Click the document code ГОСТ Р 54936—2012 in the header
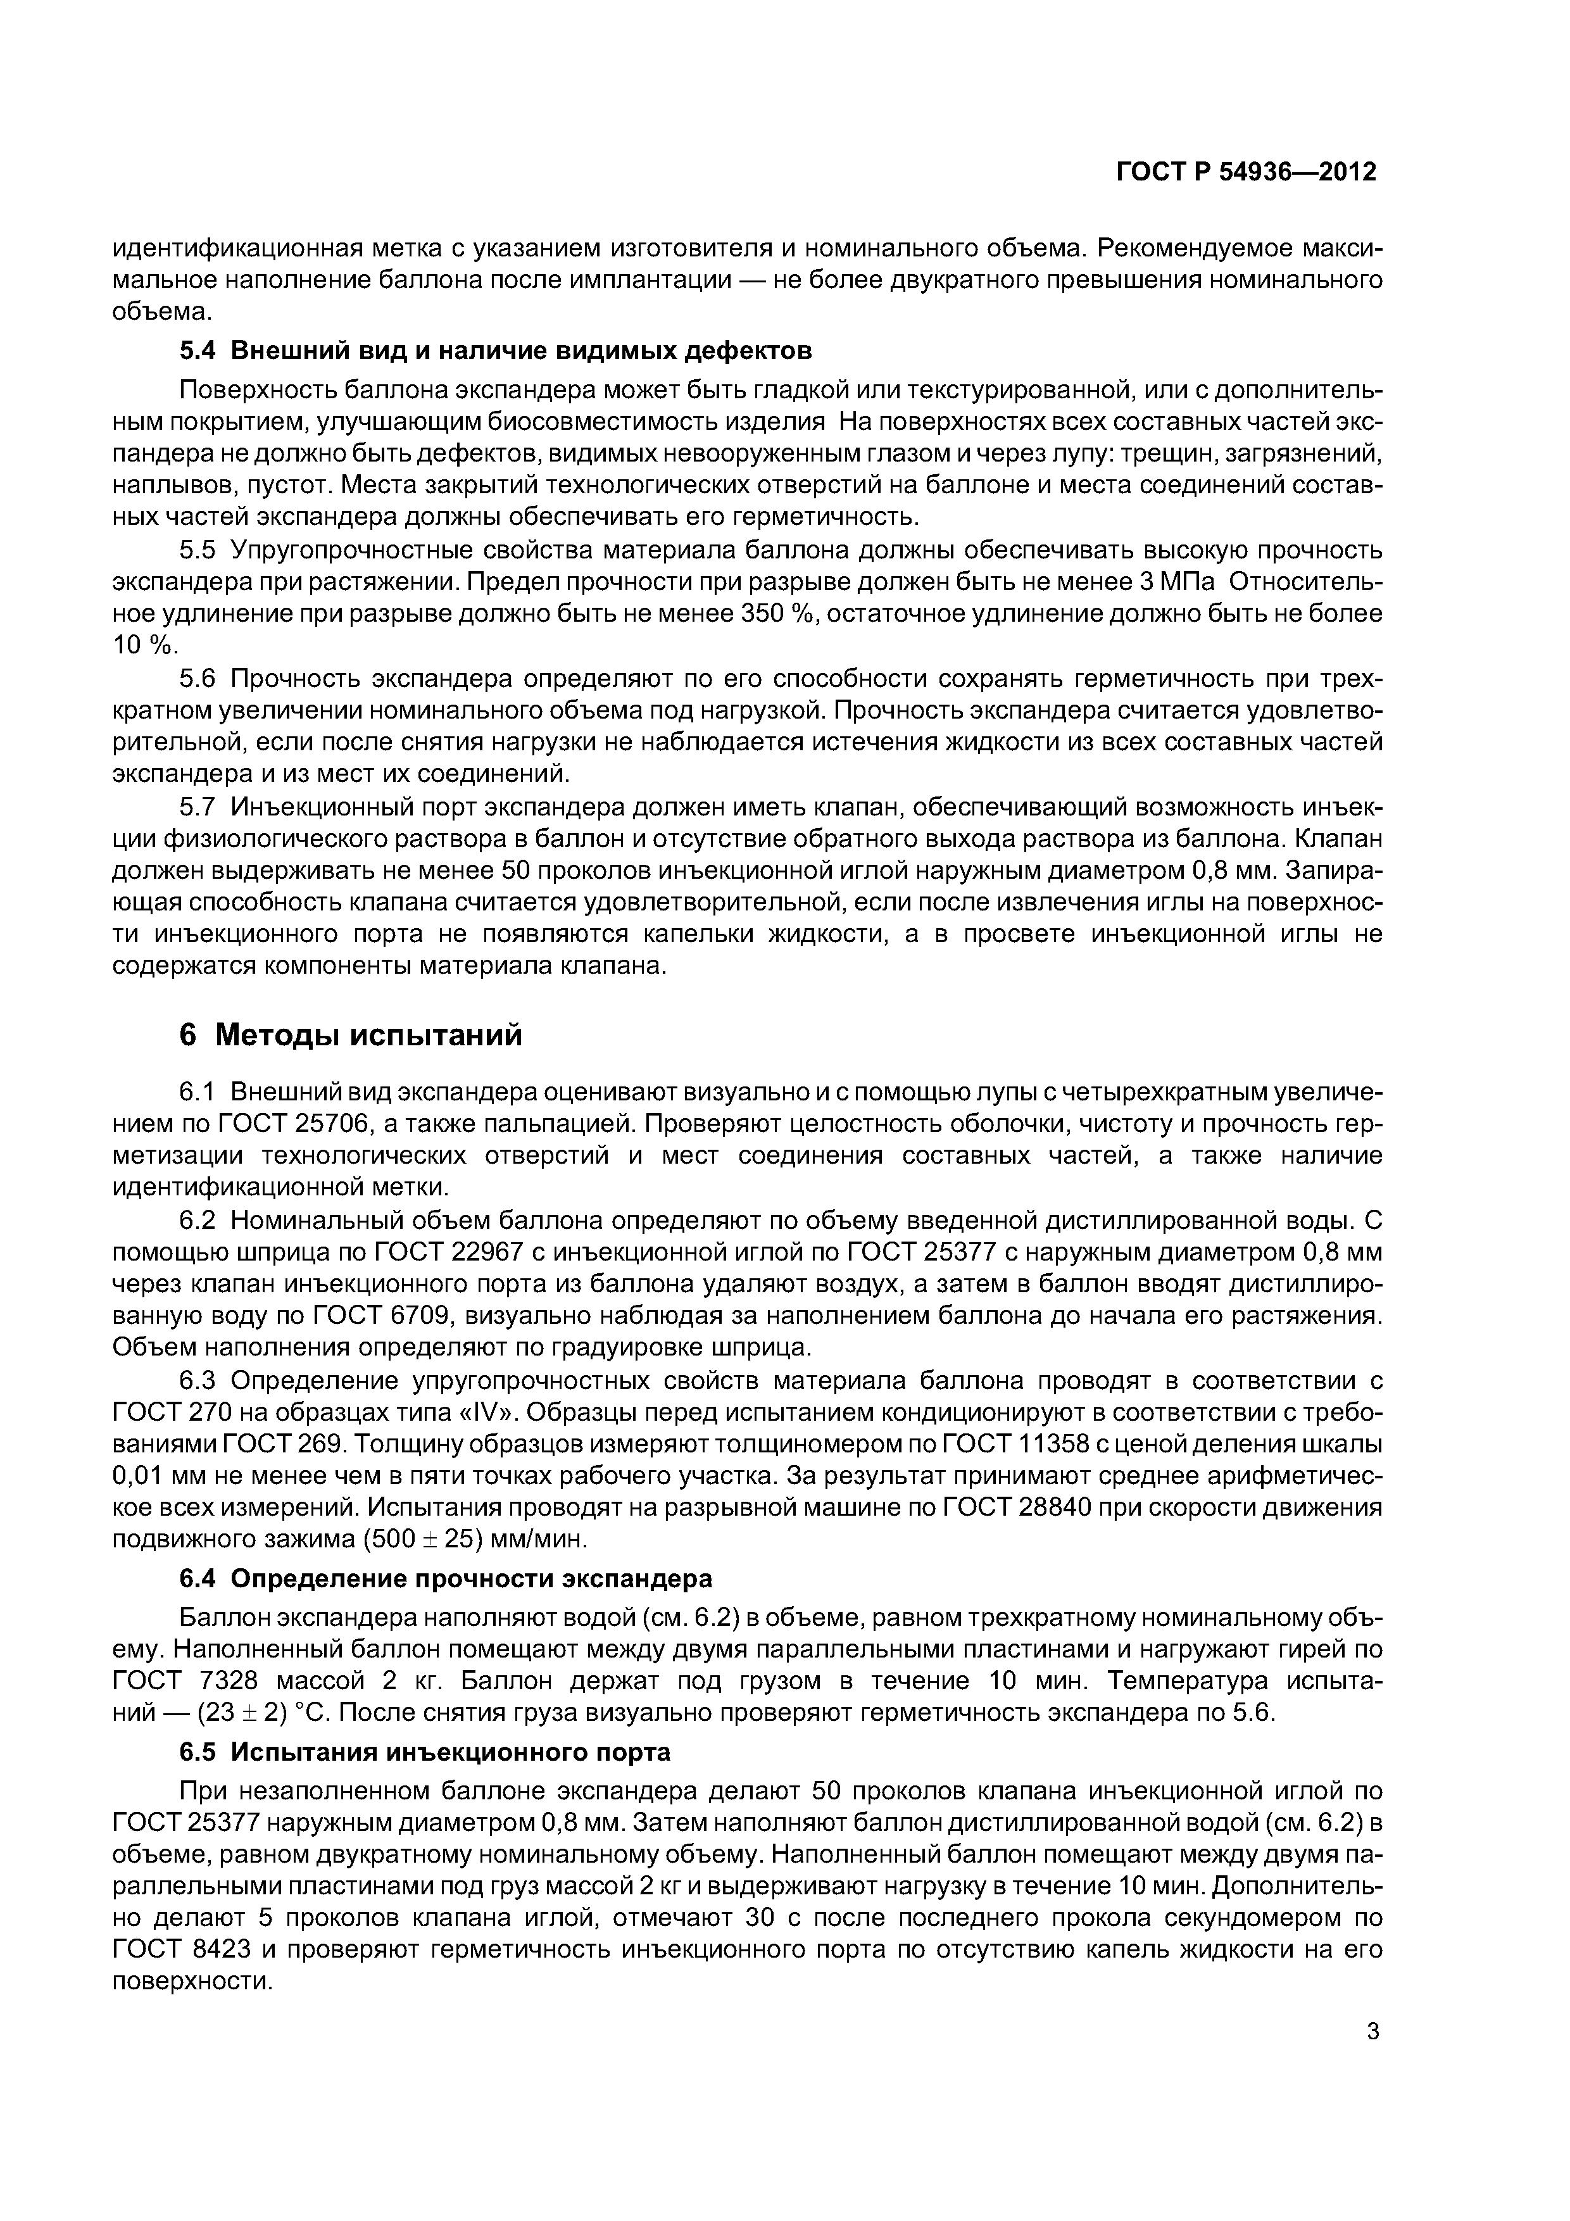coord(1246,172)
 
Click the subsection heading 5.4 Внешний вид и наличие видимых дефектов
coord(495,349)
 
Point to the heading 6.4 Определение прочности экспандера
coord(446,1578)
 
